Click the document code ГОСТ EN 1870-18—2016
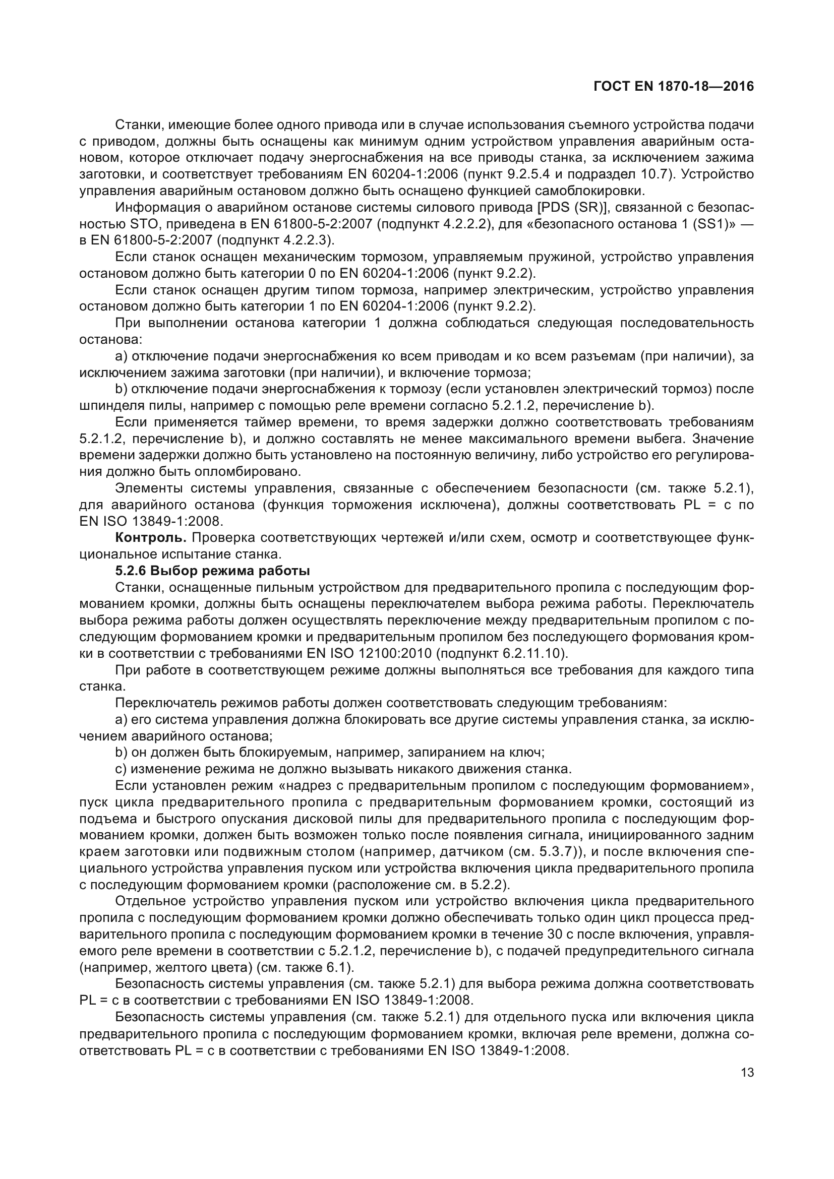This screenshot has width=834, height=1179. coord(673,86)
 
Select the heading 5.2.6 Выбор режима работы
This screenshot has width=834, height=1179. coord(212,571)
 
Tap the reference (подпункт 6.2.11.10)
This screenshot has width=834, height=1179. coord(497,654)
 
